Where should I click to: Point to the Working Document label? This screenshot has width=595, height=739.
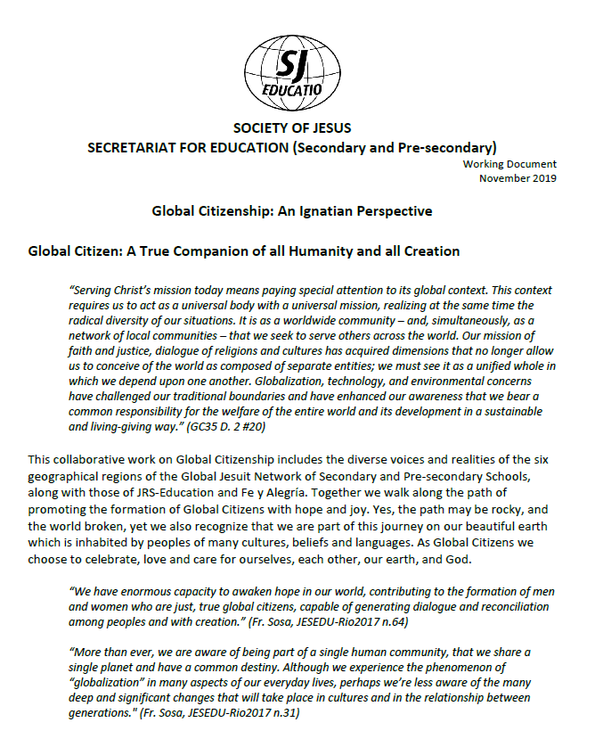tap(510, 164)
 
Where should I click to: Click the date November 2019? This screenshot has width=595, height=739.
tap(518, 177)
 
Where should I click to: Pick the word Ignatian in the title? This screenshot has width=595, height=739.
tap(324, 211)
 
